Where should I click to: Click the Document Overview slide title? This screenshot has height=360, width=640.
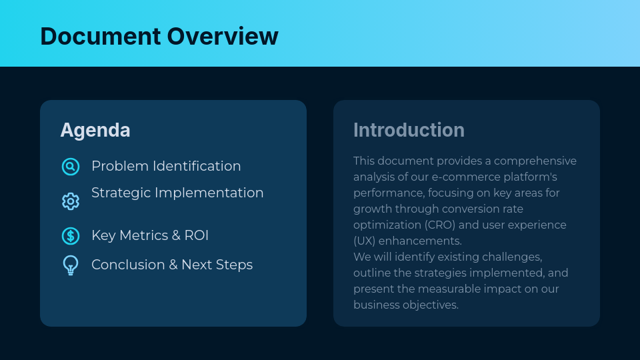(x=159, y=36)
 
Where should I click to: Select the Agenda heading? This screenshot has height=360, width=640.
(x=95, y=130)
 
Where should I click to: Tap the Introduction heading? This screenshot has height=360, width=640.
(x=409, y=130)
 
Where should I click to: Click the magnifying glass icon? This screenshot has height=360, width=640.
(x=71, y=167)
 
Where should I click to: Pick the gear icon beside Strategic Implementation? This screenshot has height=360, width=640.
(x=71, y=201)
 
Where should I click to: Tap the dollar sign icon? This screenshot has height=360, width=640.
(x=71, y=236)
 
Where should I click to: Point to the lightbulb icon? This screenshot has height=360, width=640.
(x=71, y=265)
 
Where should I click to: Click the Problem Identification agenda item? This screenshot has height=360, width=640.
(x=166, y=166)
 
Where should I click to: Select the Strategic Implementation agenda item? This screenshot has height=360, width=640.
(x=177, y=193)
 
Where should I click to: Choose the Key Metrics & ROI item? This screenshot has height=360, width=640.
(x=150, y=235)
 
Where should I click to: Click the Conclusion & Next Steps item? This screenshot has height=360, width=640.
(x=172, y=265)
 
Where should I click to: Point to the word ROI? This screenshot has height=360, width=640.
(x=197, y=235)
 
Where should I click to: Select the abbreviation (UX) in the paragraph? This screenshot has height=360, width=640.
(x=365, y=241)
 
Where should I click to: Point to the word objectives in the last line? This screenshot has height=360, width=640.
(x=431, y=305)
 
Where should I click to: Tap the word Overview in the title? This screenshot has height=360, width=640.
(x=223, y=36)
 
